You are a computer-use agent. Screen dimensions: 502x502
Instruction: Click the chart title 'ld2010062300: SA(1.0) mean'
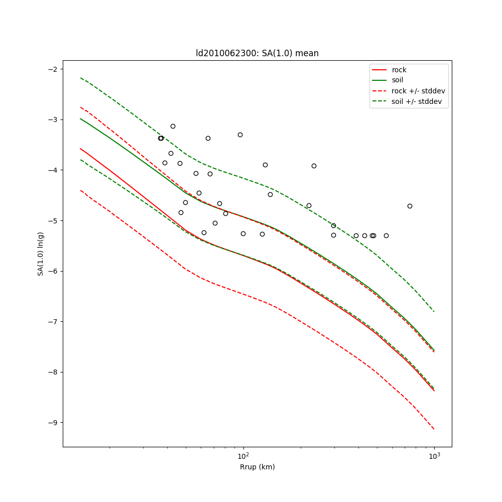(257, 53)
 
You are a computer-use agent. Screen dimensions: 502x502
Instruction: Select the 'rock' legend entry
(399, 70)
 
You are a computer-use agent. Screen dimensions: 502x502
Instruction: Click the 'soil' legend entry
(398, 80)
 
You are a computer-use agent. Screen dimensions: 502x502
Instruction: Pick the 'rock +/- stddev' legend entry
(418, 91)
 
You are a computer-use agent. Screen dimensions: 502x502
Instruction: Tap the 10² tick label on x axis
(243, 456)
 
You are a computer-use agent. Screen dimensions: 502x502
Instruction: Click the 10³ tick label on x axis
(434, 456)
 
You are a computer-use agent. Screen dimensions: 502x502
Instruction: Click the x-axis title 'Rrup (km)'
(257, 467)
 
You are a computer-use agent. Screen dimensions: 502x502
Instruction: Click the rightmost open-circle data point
(410, 206)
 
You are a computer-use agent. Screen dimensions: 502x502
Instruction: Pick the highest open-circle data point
(173, 126)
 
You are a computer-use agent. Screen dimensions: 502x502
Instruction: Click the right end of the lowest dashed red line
(434, 429)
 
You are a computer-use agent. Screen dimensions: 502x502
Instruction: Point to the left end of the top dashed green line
(80, 78)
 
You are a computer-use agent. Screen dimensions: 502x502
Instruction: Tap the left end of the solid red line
(80, 149)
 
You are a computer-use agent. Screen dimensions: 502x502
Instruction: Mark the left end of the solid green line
(80, 118)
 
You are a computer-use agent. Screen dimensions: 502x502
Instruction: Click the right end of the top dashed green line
(434, 312)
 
